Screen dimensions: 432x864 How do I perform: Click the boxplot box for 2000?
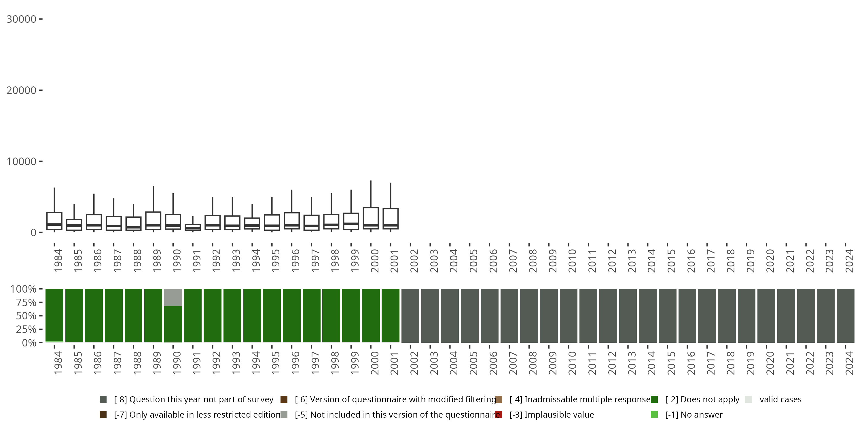point(371,218)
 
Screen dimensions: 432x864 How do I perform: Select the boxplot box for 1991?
point(193,228)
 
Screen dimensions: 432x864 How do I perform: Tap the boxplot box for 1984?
point(54,221)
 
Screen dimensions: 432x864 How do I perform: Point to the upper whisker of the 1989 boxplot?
point(153,199)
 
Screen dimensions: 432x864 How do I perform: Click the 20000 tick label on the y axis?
point(21,90)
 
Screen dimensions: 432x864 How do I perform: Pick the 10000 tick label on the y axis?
point(21,161)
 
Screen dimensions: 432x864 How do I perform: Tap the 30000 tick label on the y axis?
point(21,19)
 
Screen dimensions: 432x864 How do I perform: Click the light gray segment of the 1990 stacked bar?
point(173,298)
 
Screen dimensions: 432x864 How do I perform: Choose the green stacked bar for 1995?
point(272,316)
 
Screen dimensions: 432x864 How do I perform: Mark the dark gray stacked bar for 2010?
point(569,316)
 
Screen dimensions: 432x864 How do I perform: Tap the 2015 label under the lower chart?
point(671,363)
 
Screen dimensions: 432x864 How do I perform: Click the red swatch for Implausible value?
point(499,414)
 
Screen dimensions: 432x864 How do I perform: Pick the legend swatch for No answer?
point(654,414)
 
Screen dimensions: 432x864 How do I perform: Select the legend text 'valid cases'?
point(780,399)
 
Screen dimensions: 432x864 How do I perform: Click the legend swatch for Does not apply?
point(654,399)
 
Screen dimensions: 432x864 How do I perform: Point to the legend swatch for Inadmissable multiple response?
point(499,399)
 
